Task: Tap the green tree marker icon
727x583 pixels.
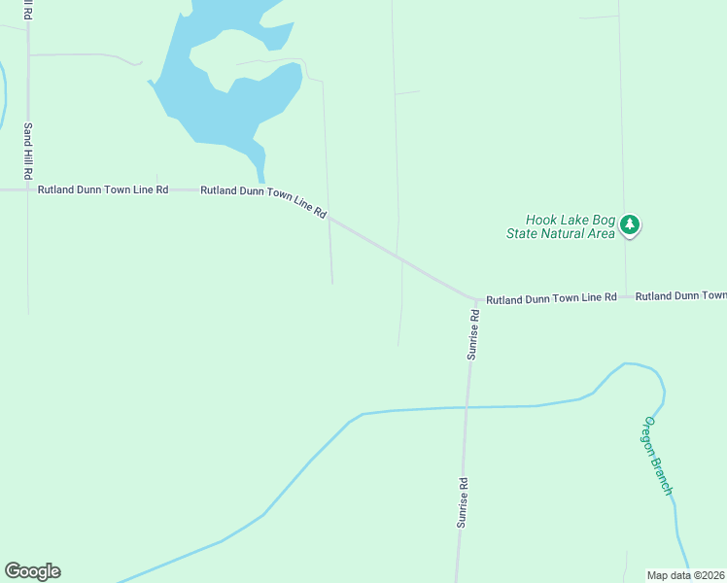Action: click(631, 225)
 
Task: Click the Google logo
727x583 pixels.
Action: click(32, 571)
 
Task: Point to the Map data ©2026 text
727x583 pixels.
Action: click(686, 575)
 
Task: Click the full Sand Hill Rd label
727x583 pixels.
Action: click(29, 151)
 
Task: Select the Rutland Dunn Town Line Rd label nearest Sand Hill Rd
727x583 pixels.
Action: click(103, 190)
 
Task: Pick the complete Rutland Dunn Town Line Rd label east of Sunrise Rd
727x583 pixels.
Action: click(551, 297)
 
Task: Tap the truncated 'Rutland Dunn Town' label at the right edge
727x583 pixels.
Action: click(680, 295)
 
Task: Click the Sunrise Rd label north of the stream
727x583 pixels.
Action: click(473, 335)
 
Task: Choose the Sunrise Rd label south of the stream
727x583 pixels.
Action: click(464, 500)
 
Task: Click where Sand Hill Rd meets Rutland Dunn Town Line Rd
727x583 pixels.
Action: click(28, 190)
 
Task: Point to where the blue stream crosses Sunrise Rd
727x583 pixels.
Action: click(467, 407)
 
